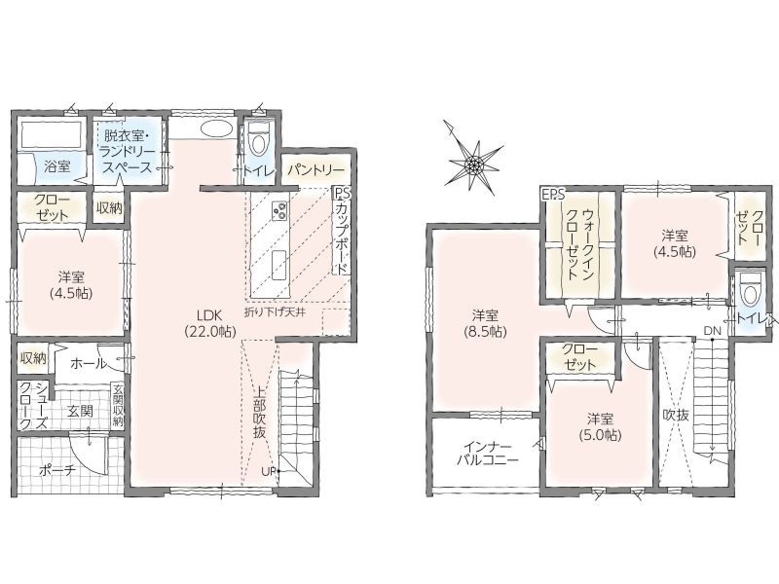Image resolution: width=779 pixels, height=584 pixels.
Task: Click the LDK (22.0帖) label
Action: coord(209,323)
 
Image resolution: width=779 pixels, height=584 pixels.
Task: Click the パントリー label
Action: coord(315,170)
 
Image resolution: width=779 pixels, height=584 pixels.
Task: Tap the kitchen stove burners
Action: coord(279,209)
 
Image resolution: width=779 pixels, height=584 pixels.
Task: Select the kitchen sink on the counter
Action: coord(278,265)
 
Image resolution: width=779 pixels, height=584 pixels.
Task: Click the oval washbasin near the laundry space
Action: coord(216,128)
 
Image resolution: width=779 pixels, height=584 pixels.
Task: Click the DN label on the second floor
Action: coord(711,331)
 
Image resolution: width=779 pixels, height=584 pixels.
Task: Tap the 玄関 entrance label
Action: coord(81,411)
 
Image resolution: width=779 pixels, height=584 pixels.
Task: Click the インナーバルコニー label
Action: coord(488,453)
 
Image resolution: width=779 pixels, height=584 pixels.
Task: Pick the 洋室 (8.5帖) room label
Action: coord(485,323)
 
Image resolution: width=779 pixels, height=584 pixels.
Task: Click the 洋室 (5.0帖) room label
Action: coord(600,426)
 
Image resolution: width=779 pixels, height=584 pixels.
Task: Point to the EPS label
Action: coord(553,194)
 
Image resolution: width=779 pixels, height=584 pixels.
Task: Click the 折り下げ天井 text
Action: coord(275,312)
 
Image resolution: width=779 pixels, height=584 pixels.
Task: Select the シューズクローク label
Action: coord(33,406)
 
